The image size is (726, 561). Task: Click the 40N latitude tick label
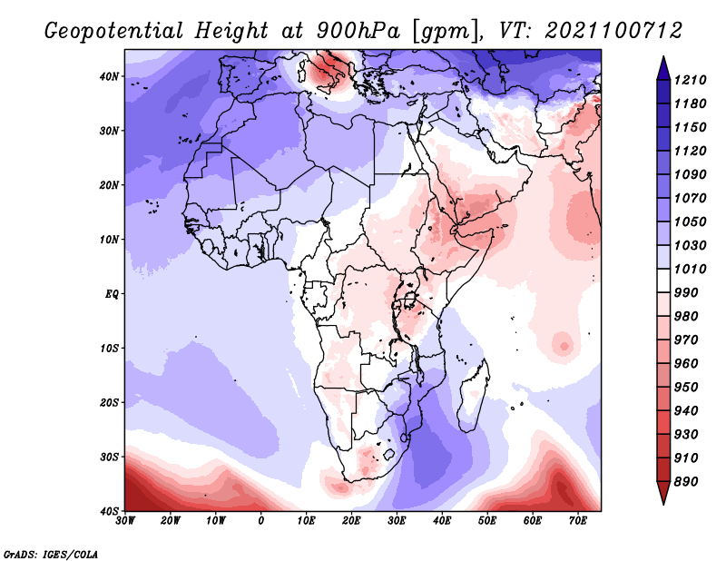[109, 76]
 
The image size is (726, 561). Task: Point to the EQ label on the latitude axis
[112, 294]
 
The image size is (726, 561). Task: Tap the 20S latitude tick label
[109, 402]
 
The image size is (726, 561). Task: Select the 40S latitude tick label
[109, 511]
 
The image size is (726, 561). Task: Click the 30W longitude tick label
[125, 521]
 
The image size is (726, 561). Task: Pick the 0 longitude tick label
[261, 521]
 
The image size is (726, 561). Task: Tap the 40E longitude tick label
[442, 521]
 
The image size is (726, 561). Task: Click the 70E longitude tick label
[578, 521]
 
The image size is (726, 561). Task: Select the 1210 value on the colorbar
[690, 80]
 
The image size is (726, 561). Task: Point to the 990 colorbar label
[685, 293]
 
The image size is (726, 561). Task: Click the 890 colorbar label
[685, 482]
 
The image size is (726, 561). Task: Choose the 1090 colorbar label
[690, 174]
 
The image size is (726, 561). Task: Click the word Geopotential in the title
[114, 32]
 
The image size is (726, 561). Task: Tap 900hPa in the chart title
[358, 31]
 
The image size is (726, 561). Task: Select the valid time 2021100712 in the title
[614, 31]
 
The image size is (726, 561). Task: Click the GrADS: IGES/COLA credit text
[51, 554]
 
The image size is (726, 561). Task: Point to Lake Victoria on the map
[410, 300]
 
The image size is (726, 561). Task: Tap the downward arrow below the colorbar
[663, 493]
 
